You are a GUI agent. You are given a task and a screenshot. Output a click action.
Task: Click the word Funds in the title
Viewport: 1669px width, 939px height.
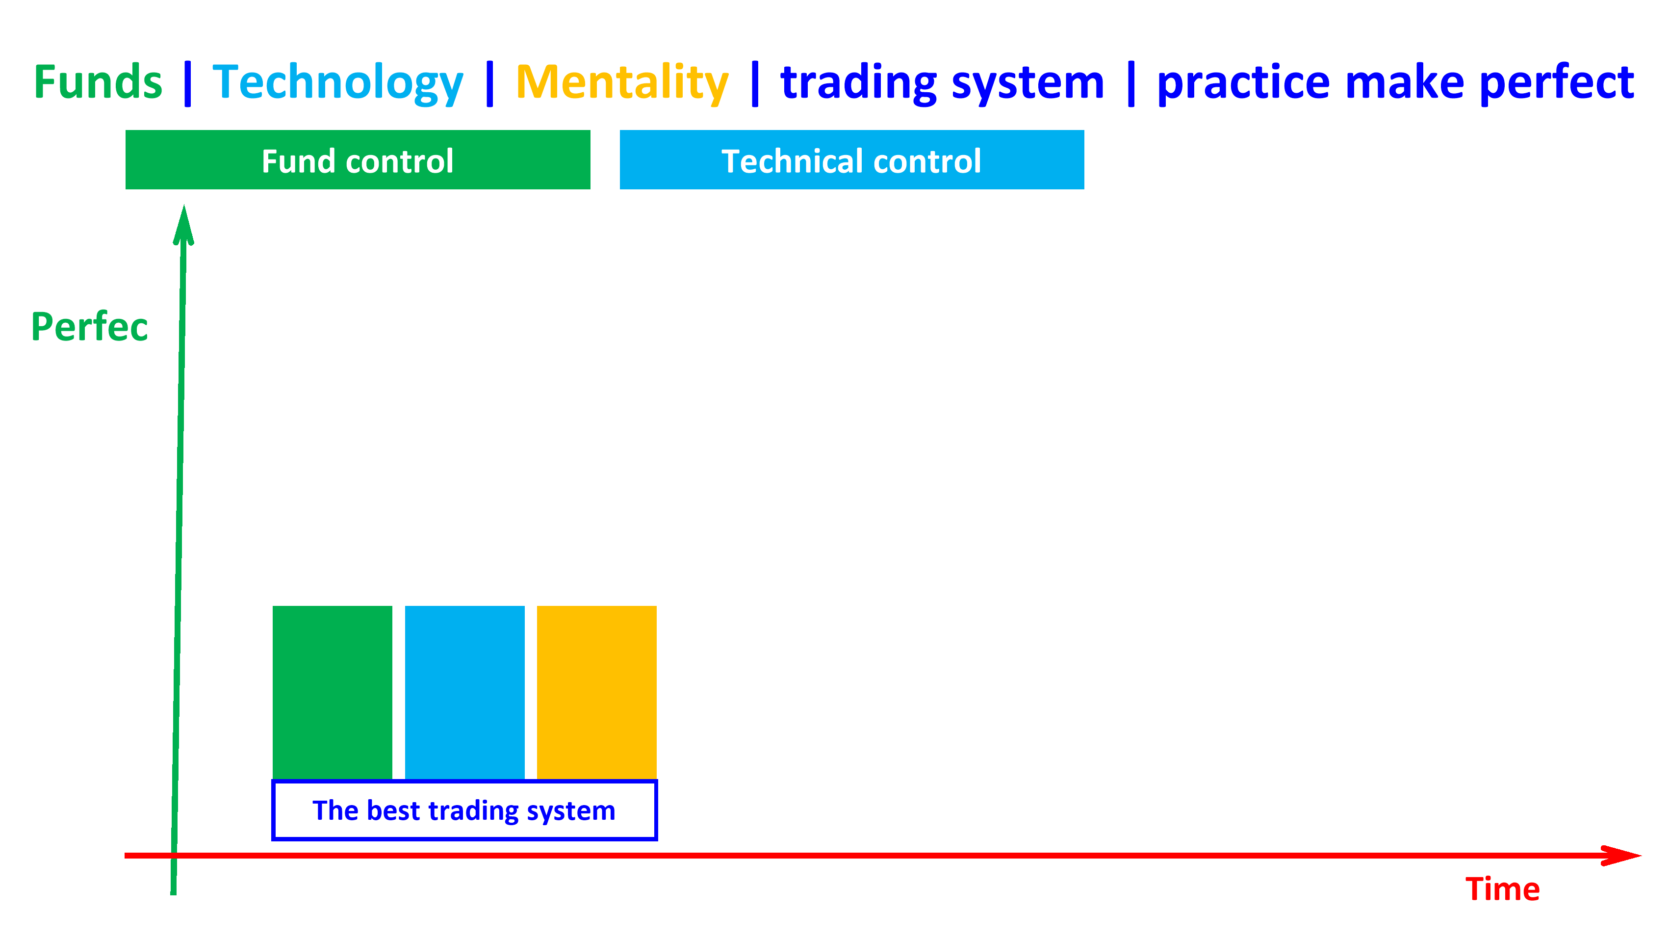[98, 82]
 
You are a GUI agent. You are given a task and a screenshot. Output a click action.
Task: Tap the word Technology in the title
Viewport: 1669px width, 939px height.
[337, 83]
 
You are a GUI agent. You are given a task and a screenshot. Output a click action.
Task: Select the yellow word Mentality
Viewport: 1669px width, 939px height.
[622, 83]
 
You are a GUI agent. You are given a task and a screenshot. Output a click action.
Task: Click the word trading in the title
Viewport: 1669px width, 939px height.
[858, 83]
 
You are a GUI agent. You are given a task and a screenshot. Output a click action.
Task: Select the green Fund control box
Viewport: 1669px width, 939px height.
[358, 160]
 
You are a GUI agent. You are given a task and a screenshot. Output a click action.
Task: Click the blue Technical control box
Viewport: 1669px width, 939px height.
[851, 160]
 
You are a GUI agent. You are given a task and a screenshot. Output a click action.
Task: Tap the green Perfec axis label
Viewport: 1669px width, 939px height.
[89, 327]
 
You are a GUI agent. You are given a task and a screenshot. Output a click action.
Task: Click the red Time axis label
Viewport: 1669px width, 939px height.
[1502, 889]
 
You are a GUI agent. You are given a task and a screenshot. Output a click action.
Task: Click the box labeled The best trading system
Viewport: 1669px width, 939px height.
[464, 810]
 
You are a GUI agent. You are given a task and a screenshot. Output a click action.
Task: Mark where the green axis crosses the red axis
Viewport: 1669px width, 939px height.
[174, 856]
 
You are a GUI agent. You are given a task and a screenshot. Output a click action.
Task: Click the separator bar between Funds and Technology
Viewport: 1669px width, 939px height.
[188, 83]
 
